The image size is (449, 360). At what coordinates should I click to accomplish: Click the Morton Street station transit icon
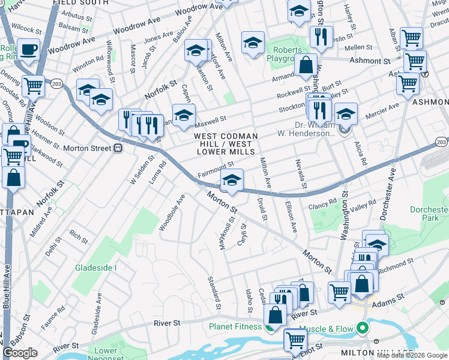tap(118, 148)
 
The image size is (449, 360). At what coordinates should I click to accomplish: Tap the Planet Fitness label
tap(235, 327)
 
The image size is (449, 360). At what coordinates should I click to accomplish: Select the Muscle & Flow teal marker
tap(361, 328)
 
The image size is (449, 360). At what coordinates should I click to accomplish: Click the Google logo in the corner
tap(20, 353)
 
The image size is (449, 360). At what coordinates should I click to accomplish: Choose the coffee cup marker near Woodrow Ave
tap(28, 49)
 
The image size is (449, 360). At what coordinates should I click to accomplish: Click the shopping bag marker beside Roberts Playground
tap(306, 65)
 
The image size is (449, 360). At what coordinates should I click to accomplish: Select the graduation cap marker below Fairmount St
tap(232, 180)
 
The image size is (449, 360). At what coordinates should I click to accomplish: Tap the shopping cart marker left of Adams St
tap(339, 292)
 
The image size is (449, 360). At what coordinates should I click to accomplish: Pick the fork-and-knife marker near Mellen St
tap(322, 37)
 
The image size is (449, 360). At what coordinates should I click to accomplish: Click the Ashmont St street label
tap(366, 61)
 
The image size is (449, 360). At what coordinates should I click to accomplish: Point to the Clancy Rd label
tap(324, 203)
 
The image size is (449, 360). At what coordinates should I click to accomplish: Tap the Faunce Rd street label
tap(53, 318)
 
